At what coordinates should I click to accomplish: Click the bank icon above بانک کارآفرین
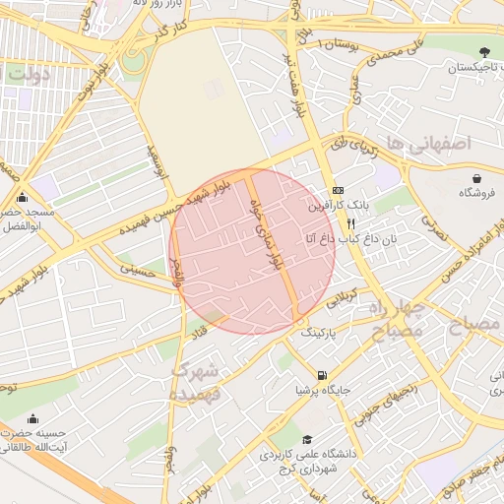339,190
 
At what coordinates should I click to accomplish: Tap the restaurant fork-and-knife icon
339,222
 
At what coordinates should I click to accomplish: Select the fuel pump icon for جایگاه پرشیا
322,374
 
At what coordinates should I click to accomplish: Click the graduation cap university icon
307,440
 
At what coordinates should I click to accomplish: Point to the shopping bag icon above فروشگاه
477,178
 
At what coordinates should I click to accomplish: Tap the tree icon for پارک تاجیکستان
482,52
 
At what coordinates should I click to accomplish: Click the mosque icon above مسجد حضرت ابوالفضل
21,197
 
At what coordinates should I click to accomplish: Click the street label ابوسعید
158,161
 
